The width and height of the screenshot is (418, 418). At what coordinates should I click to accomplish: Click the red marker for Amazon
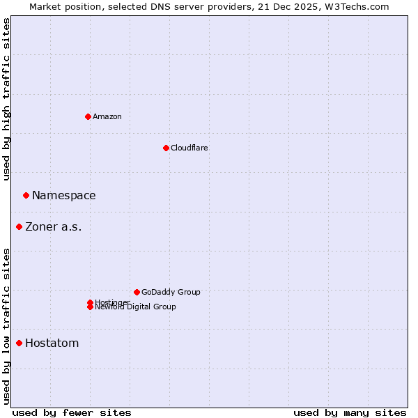click(88, 116)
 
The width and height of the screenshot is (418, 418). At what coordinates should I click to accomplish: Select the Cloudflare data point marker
click(166, 148)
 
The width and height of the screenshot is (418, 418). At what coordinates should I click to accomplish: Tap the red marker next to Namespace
click(26, 195)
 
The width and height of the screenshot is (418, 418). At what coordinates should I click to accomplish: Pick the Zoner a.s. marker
click(19, 226)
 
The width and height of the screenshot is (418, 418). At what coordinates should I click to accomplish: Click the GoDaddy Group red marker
click(137, 292)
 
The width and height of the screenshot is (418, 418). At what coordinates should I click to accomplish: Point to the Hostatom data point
click(19, 343)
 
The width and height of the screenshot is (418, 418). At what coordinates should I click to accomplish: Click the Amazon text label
click(107, 116)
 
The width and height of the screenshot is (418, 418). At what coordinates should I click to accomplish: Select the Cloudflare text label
click(189, 148)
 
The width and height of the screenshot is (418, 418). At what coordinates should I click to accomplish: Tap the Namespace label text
click(63, 195)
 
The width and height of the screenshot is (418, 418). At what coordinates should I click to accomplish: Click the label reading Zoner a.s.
click(53, 226)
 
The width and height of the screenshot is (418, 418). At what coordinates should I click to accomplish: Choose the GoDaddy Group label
click(170, 292)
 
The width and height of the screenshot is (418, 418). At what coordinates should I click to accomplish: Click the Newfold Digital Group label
click(135, 307)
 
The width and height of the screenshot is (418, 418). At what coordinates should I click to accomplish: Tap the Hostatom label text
click(52, 343)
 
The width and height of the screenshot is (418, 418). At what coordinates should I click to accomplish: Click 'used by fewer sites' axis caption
click(71, 412)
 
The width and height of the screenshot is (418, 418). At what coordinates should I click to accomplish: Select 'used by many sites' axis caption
click(349, 412)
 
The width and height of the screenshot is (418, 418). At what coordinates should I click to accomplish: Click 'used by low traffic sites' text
click(6, 325)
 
